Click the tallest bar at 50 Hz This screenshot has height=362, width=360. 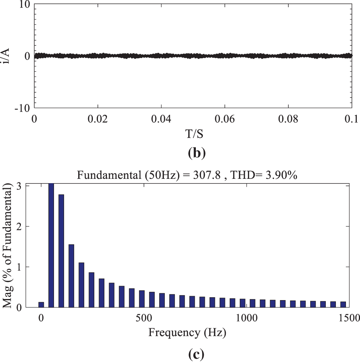click(51, 245)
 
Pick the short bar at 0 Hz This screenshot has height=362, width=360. click(41, 305)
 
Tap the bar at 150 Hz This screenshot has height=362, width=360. click(71, 276)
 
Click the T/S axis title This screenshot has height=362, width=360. click(194, 134)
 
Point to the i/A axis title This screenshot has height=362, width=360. click(6, 56)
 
